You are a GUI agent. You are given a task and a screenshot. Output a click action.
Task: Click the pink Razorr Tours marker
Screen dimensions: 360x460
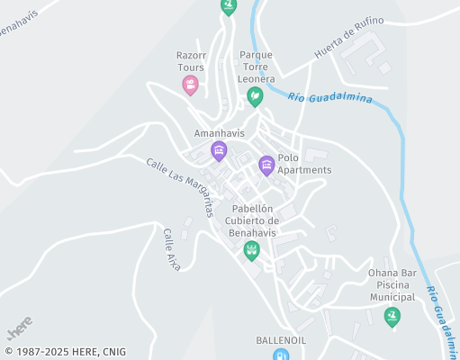pyautogui.click(x=190, y=85)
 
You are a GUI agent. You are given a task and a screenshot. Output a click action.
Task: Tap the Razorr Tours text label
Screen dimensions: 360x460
pyautogui.click(x=190, y=61)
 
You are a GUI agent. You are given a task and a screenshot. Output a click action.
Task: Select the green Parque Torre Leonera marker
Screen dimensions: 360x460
pyautogui.click(x=256, y=95)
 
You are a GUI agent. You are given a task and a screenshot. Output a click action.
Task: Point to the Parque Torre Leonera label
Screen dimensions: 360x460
pyautogui.click(x=257, y=67)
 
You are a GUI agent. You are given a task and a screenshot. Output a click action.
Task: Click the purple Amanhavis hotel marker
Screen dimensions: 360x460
pyautogui.click(x=218, y=150)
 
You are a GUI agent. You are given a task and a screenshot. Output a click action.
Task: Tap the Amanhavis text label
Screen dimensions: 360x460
pyautogui.click(x=220, y=133)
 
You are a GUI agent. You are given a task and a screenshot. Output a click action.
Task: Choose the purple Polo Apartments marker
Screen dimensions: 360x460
pyautogui.click(x=266, y=165)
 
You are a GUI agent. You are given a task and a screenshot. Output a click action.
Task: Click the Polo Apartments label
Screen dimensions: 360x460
pyautogui.click(x=304, y=164)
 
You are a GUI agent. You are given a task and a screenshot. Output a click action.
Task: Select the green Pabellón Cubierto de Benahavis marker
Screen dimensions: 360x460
pyautogui.click(x=252, y=249)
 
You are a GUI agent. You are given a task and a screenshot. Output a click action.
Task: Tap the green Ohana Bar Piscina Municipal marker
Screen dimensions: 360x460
pyautogui.click(x=391, y=315)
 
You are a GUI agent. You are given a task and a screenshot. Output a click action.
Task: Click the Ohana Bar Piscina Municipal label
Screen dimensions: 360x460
pyautogui.click(x=392, y=284)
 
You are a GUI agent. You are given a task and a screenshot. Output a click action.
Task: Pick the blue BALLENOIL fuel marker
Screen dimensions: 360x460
pyautogui.click(x=282, y=355)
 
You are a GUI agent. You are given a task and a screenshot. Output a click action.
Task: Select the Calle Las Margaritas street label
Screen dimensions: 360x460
pyautogui.click(x=180, y=186)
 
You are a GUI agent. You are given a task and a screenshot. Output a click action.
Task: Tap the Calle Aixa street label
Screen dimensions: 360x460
pyautogui.click(x=171, y=249)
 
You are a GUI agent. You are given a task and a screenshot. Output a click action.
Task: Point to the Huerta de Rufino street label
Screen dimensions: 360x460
pyautogui.click(x=348, y=39)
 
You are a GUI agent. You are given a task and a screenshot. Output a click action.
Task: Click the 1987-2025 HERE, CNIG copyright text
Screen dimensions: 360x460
pyautogui.click(x=65, y=352)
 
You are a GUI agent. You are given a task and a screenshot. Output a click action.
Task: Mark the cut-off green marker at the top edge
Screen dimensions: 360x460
pyautogui.click(x=229, y=5)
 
